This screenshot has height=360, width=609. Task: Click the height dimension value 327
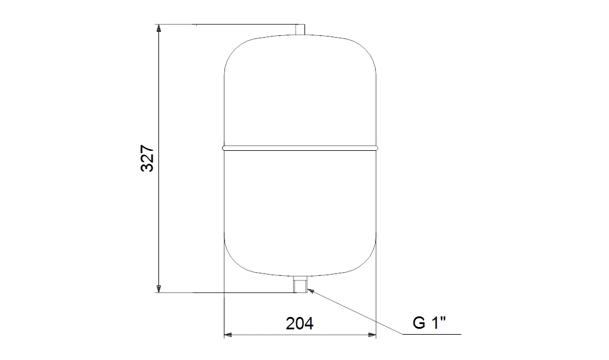pyautogui.click(x=148, y=158)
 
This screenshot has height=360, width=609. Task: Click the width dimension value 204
pyautogui.click(x=299, y=323)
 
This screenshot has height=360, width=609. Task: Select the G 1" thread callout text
pyautogui.click(x=429, y=322)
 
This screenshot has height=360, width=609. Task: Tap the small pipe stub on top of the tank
pyautogui.click(x=300, y=30)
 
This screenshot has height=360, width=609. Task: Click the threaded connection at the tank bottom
pyautogui.click(x=300, y=284)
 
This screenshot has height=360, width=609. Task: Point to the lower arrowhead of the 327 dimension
pyautogui.click(x=158, y=289)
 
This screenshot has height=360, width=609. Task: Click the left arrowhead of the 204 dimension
pyautogui.click(x=229, y=334)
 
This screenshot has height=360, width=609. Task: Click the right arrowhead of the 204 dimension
pyautogui.click(x=372, y=334)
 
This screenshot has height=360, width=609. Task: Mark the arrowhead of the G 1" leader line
pyautogui.click(x=310, y=290)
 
